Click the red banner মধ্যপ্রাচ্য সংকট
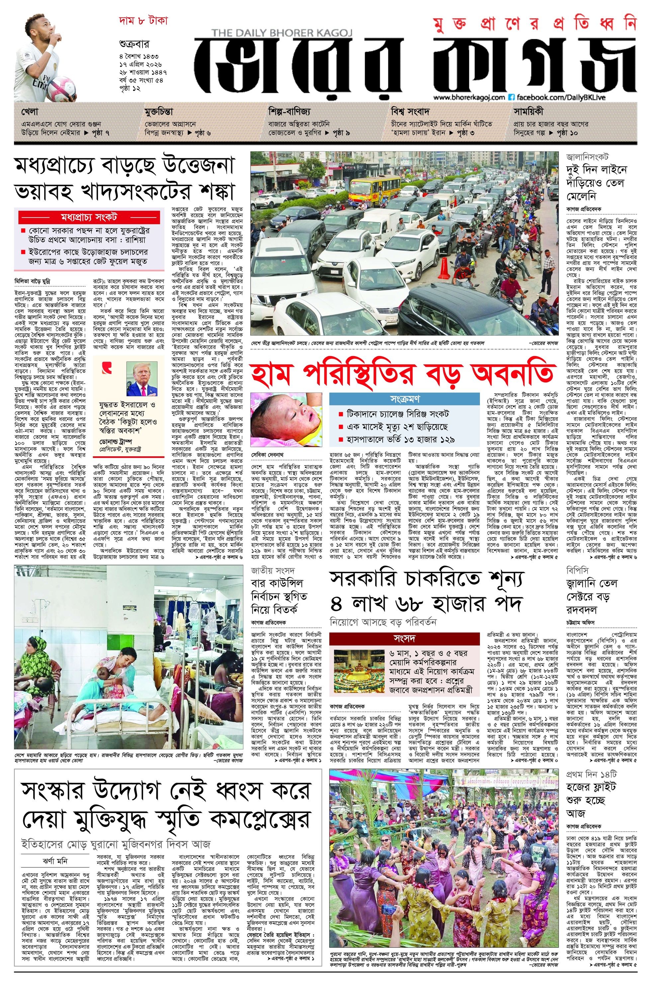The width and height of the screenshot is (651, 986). pos(89,216)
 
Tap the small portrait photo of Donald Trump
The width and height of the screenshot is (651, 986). pos(143,379)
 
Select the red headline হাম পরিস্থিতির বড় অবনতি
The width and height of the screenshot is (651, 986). pos(403,374)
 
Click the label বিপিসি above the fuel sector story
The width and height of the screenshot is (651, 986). pos(576,571)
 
